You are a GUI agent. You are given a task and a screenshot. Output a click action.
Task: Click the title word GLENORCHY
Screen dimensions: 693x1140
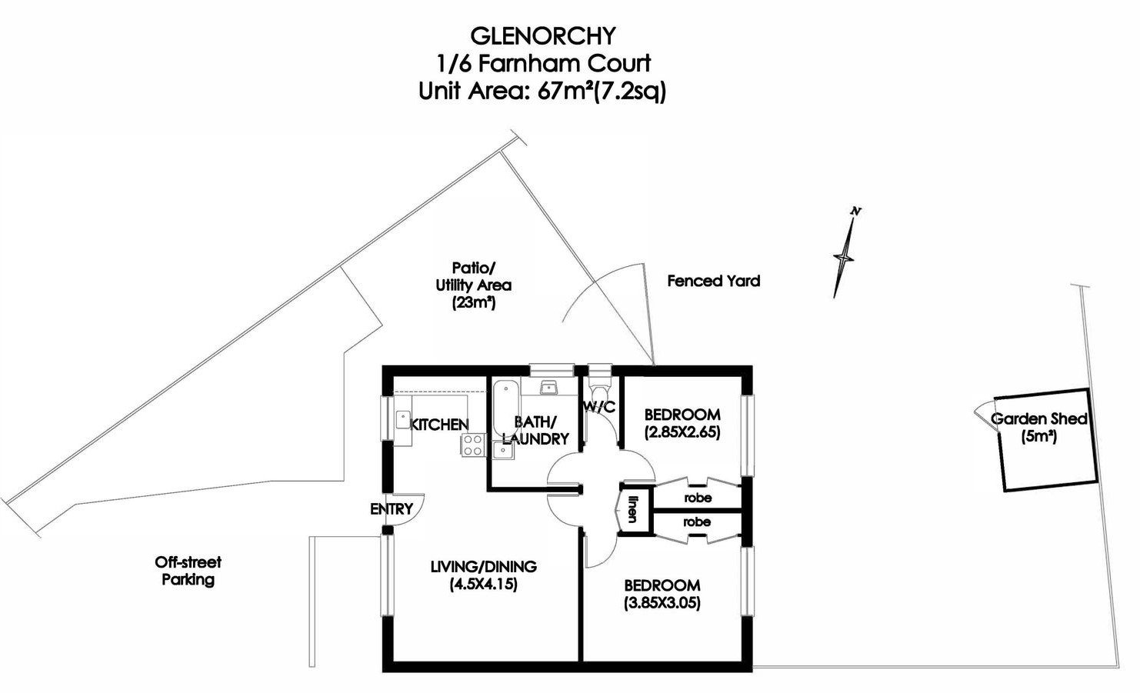tap(542, 35)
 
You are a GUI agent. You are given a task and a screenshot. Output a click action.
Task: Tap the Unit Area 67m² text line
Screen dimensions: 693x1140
tap(542, 91)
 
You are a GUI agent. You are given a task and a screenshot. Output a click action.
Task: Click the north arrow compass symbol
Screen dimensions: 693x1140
tap(845, 254)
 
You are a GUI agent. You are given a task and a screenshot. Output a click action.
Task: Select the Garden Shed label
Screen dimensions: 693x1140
tap(1038, 419)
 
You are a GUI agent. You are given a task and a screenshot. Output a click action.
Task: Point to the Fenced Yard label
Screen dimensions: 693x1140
tap(713, 281)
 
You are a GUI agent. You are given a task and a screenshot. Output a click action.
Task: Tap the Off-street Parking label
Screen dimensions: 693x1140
tap(188, 571)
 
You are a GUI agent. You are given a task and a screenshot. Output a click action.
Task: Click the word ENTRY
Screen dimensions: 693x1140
tap(391, 509)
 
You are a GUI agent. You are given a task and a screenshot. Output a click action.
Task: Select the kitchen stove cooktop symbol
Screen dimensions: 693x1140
tap(472, 445)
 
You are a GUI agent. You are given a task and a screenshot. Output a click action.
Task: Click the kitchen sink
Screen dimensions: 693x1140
tap(403, 419)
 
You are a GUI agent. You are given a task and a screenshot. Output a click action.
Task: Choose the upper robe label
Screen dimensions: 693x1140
tap(697, 498)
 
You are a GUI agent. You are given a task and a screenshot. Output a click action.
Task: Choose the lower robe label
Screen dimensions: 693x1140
tap(697, 522)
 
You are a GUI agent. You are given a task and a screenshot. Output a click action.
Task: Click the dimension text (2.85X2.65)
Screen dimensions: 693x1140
tap(682, 431)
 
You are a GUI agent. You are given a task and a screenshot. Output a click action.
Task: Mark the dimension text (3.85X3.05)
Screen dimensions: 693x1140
tap(662, 603)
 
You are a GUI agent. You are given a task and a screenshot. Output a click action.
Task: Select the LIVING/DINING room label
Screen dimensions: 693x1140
tap(483, 567)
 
